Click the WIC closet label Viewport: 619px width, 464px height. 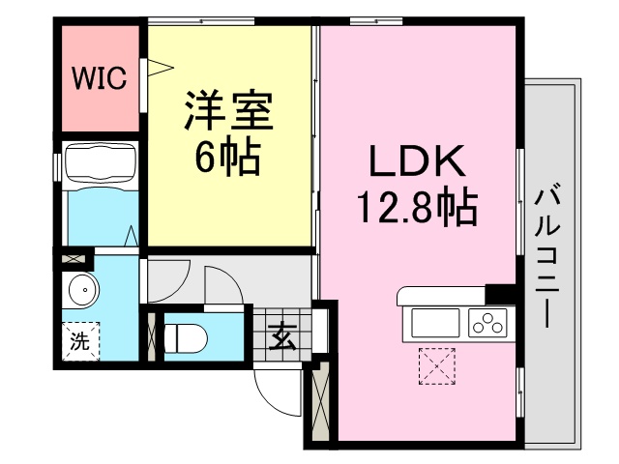tap(100, 77)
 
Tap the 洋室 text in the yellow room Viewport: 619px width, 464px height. tap(229, 111)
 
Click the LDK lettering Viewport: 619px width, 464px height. tap(417, 161)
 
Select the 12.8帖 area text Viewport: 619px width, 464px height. tap(417, 206)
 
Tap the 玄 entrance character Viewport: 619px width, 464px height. tap(282, 335)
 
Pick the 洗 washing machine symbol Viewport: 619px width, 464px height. tap(80, 341)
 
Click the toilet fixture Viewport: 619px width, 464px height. tap(185, 338)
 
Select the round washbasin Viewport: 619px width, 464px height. tap(83, 289)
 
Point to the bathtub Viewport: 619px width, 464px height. tap(101, 162)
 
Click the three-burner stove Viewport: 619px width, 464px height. tap(487, 323)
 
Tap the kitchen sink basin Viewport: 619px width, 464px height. tap(435, 323)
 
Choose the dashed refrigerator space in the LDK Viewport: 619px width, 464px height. tap(437, 366)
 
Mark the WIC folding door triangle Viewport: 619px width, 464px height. tap(160, 68)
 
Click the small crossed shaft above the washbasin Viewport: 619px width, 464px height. tap(74, 260)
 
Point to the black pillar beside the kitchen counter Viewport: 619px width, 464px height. tap(500, 294)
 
